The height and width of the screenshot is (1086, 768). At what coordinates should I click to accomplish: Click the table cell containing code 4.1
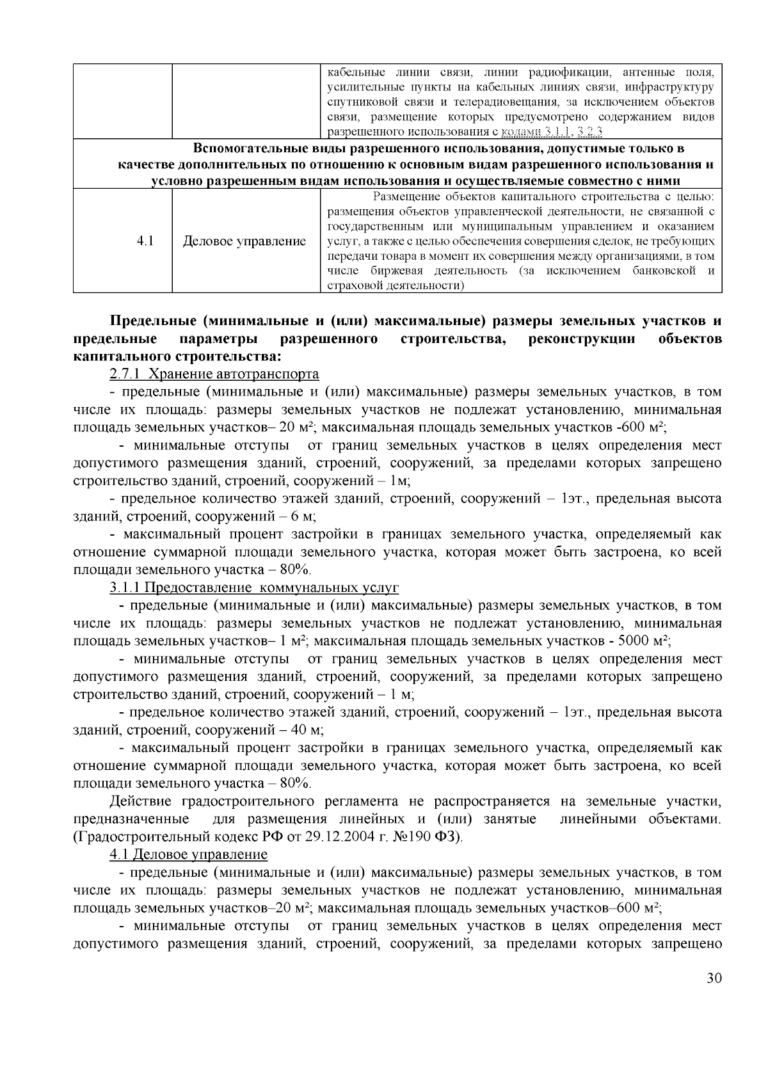[x=145, y=241]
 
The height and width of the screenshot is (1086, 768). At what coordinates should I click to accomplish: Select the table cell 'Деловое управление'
[x=244, y=241]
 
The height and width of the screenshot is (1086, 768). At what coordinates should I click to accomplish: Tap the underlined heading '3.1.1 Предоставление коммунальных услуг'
[x=254, y=587]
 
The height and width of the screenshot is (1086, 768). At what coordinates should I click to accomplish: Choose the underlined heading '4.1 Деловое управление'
[x=188, y=854]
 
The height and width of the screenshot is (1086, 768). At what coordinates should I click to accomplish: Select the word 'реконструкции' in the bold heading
[x=582, y=338]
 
